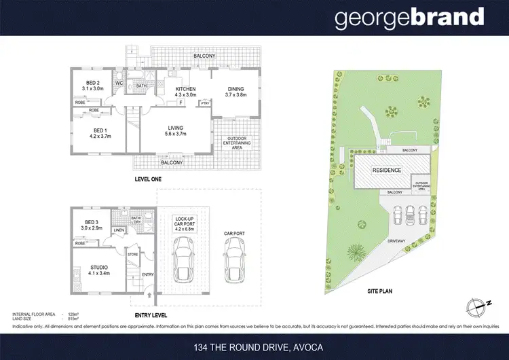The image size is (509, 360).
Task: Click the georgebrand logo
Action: click(409, 18)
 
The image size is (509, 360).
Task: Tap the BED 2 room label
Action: click(92, 85)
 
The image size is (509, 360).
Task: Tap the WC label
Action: click(118, 84)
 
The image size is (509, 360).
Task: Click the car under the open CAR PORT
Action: click(234, 262)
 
